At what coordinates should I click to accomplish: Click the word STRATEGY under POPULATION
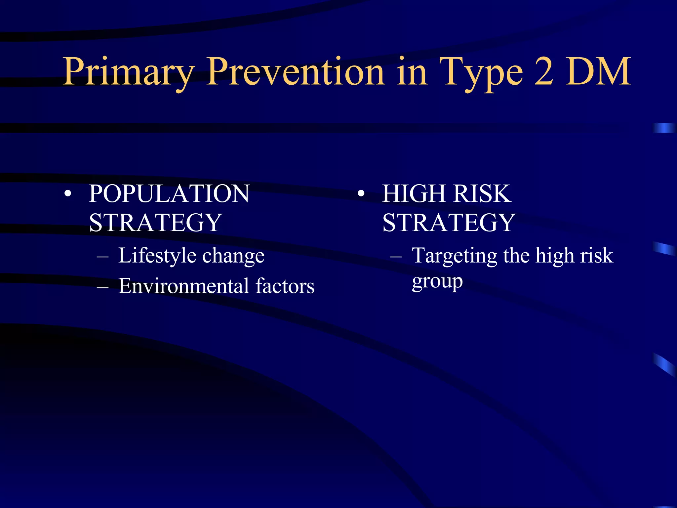(x=155, y=223)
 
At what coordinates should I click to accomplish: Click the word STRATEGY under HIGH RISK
(x=449, y=223)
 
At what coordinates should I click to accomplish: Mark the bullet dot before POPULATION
(x=68, y=194)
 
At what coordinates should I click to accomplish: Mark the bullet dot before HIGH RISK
(x=361, y=194)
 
